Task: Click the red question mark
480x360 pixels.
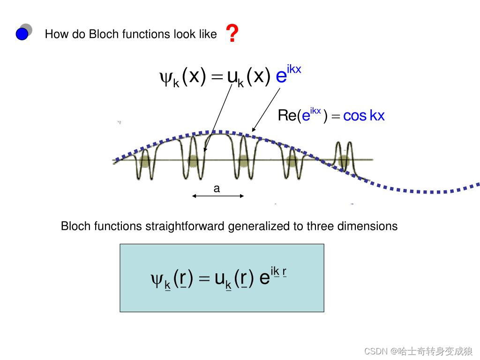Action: pos(232,34)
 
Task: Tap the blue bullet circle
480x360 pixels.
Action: pos(22,34)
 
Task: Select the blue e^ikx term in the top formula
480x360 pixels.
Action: pos(287,74)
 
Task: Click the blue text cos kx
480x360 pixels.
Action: pos(364,115)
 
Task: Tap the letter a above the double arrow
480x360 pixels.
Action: pos(217,189)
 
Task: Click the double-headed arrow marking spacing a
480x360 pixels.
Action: pos(218,196)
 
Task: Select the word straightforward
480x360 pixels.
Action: pos(186,226)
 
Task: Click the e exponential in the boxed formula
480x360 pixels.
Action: pos(264,279)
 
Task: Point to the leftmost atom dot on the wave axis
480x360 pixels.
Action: pos(144,161)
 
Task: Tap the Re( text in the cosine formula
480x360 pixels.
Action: pos(289,115)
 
